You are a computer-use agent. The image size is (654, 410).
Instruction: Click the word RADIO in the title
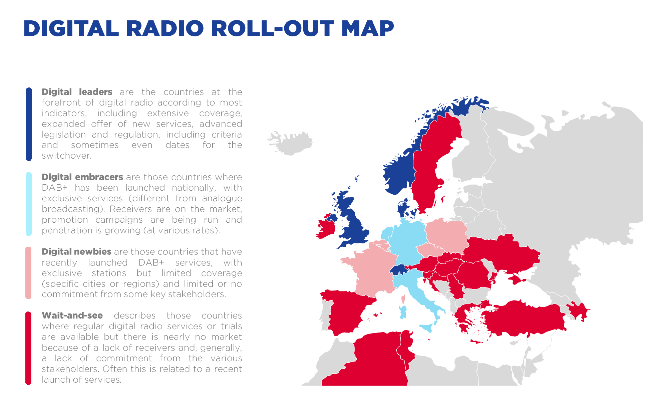point(165,28)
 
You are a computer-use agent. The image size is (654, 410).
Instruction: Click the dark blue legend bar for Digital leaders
point(29,124)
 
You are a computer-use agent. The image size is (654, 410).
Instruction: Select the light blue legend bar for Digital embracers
point(29,204)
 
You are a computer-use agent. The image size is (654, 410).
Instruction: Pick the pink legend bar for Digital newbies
point(28,273)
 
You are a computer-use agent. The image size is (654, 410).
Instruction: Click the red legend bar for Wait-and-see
point(28,348)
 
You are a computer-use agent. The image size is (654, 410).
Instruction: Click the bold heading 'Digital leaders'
point(77,92)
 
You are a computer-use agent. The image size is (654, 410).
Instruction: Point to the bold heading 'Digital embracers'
point(82,177)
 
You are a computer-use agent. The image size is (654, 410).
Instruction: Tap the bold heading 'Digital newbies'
point(76,251)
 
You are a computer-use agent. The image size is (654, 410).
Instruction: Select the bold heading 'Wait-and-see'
point(72,316)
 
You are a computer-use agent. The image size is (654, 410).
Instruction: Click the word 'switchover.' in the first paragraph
point(66,156)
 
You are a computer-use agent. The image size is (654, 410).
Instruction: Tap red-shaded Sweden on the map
point(430,160)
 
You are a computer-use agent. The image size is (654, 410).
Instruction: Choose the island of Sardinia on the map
point(403,312)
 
